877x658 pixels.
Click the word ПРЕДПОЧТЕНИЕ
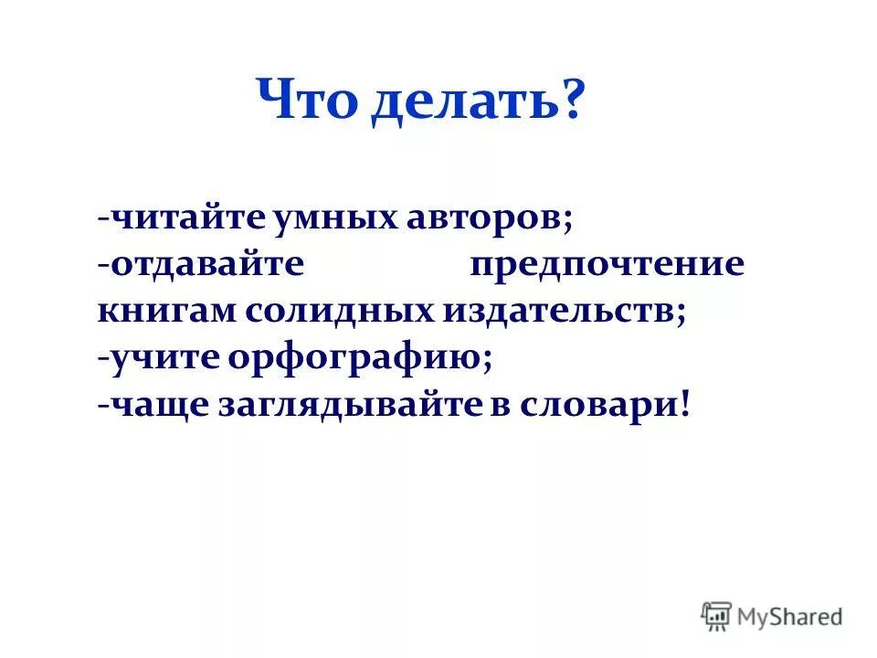pyautogui.click(x=608, y=266)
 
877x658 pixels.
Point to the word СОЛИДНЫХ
pyautogui.click(x=341, y=312)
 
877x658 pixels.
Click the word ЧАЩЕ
pyautogui.click(x=159, y=406)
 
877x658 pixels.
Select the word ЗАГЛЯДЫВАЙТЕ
pyautogui.click(x=348, y=406)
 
